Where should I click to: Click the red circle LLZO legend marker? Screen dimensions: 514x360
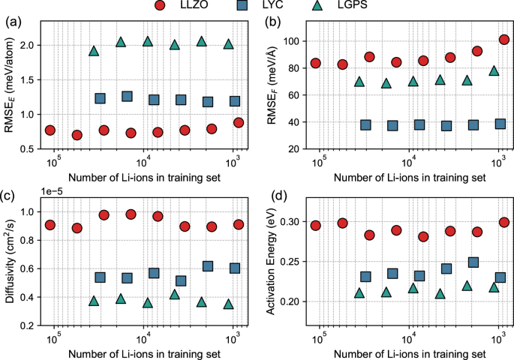click(x=160, y=5)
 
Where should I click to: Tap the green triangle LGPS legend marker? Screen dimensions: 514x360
click(x=317, y=5)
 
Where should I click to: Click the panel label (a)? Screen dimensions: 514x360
click(x=14, y=22)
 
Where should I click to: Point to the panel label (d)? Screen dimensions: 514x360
click(x=279, y=196)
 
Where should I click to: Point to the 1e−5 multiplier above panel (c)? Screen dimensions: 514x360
click(x=52, y=192)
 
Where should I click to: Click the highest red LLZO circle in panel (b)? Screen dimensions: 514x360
click(x=504, y=40)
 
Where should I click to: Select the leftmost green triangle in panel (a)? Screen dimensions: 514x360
click(x=94, y=51)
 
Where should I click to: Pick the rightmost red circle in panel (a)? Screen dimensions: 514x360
click(x=239, y=122)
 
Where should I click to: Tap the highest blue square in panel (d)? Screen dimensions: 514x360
click(x=473, y=262)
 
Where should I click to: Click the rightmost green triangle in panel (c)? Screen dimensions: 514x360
click(x=229, y=304)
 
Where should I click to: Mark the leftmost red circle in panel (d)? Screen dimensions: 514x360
click(x=316, y=226)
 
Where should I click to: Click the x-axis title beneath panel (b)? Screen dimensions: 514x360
click(x=410, y=178)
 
